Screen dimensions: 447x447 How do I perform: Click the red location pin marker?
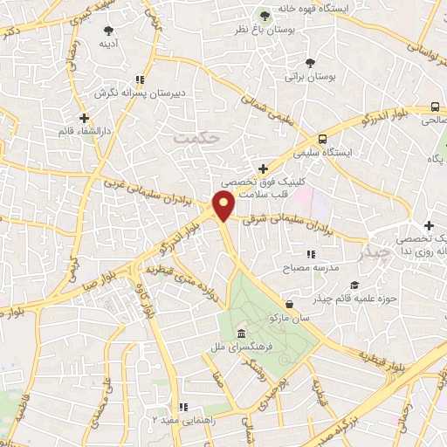(223, 205)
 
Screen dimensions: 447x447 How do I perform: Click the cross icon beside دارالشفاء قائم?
(84, 118)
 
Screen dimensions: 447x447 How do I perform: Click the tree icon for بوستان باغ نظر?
(265, 15)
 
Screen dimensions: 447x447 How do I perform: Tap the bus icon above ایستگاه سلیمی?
(323, 138)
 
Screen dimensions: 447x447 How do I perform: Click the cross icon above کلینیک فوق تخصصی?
(263, 168)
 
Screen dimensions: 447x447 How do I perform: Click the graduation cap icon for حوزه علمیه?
(354, 285)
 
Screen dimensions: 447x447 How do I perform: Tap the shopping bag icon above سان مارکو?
(290, 305)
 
